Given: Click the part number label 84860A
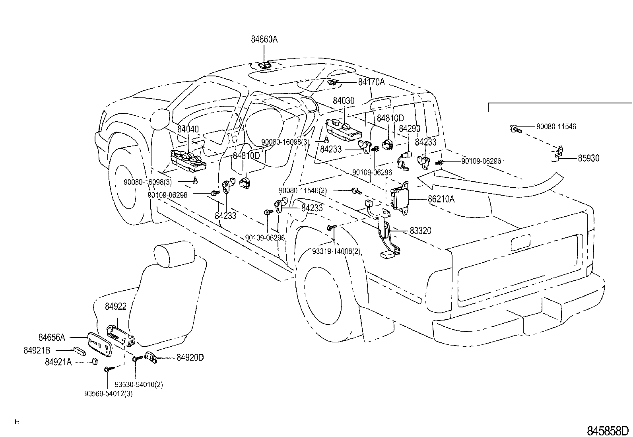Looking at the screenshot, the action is click(264, 39).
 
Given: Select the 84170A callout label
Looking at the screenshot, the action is click(371, 82).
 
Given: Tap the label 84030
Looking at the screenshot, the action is click(344, 101).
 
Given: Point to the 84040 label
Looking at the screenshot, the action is click(188, 129).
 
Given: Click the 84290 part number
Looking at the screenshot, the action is click(410, 128).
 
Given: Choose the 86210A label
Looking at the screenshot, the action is click(441, 199).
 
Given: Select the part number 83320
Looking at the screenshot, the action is click(421, 231).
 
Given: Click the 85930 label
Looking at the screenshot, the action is click(588, 158).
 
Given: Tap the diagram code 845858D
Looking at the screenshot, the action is click(608, 431).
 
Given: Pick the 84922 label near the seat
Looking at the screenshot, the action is click(116, 307).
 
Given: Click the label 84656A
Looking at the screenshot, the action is click(52, 337).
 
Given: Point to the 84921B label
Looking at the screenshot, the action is click(37, 350).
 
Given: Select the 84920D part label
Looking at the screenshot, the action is click(190, 357).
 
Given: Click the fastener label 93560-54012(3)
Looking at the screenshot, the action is click(108, 394).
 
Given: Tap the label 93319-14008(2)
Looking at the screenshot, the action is click(336, 251).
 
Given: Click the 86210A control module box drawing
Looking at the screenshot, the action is click(400, 198).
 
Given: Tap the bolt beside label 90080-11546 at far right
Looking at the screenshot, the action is click(516, 129).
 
